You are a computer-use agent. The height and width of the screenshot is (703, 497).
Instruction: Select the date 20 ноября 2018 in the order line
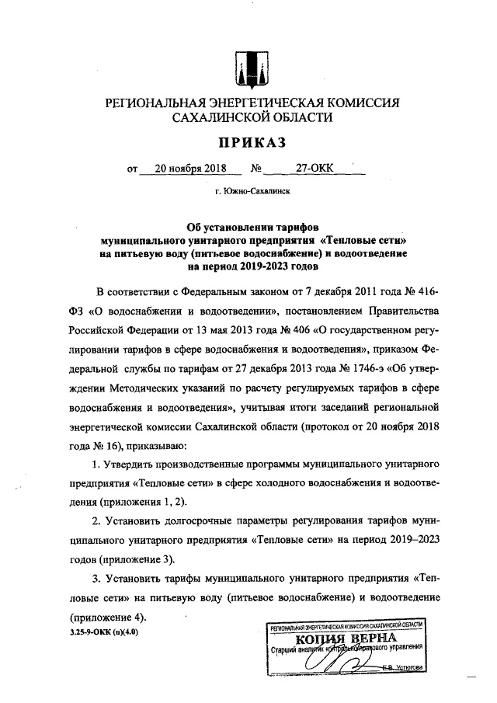(189, 167)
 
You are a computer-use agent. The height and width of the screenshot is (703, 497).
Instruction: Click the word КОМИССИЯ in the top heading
(358, 103)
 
